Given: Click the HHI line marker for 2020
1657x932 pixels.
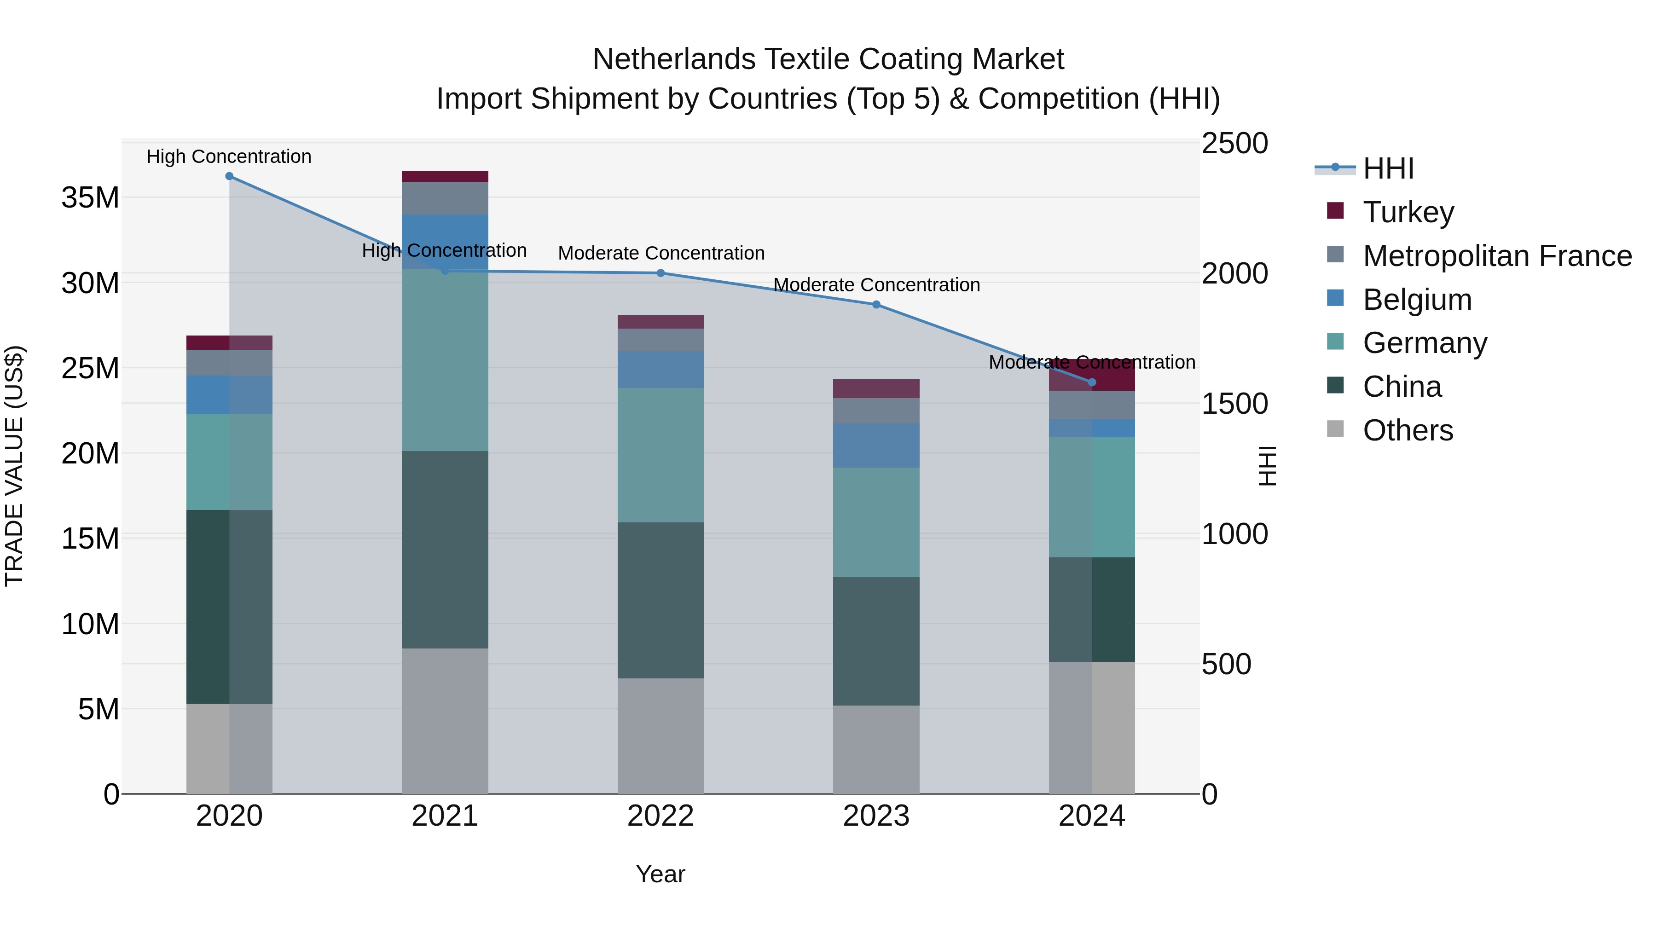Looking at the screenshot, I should tap(229, 176).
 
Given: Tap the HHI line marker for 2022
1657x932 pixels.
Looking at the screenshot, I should tap(660, 273).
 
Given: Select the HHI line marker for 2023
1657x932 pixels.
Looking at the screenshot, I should tap(876, 305).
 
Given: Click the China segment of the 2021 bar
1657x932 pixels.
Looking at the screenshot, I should tap(445, 550).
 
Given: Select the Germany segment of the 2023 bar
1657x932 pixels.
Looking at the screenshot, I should tap(876, 522).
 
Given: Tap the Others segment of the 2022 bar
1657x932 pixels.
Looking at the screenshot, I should tap(660, 736).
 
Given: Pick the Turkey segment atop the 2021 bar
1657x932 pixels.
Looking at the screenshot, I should tap(445, 176).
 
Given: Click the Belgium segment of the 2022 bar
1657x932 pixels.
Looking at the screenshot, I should tap(660, 370).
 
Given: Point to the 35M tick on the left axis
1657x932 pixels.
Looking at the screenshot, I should tap(90, 197).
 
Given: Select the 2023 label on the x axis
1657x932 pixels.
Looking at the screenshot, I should tap(876, 816).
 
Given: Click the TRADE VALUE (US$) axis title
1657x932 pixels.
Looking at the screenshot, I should tap(14, 466).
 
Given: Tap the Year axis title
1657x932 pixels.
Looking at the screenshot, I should tap(660, 874).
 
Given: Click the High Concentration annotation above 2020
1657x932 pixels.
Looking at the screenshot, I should tap(229, 156).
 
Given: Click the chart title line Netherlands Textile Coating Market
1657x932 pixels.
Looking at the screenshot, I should tap(828, 59).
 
